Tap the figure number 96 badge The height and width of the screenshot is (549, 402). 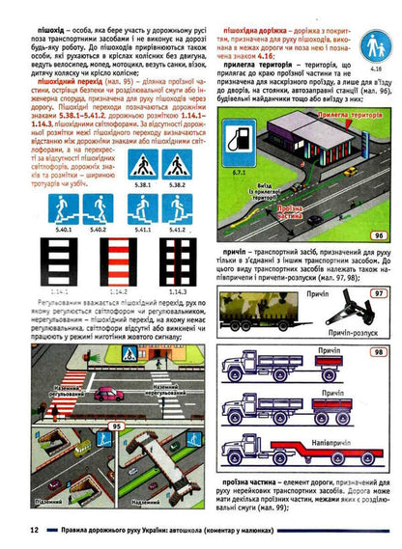click(x=378, y=234)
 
